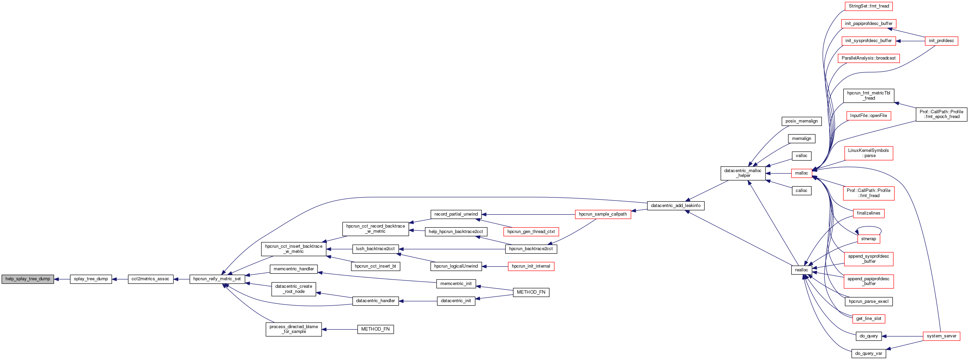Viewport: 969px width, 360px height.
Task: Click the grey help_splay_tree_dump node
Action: click(28, 279)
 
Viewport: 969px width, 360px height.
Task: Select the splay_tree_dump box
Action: click(91, 279)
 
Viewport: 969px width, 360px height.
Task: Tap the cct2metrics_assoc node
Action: click(151, 279)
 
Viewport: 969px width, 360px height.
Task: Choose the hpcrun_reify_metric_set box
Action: click(217, 279)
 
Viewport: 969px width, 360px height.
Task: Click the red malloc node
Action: click(801, 173)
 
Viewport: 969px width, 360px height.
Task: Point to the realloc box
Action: click(801, 270)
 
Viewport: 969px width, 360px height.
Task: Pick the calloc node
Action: click(801, 191)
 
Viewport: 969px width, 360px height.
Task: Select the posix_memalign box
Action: click(801, 121)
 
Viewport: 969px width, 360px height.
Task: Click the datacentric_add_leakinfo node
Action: click(675, 206)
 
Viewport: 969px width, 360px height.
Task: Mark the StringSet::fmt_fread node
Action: click(868, 7)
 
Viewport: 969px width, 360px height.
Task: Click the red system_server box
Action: click(941, 336)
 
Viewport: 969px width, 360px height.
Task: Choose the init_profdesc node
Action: click(941, 41)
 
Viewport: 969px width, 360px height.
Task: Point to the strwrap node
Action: click(868, 239)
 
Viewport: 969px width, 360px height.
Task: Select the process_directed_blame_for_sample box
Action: click(294, 329)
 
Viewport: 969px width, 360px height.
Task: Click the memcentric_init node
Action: click(456, 284)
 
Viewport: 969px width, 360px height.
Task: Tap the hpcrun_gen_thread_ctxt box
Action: click(531, 232)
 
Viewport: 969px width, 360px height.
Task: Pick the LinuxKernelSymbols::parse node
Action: click(868, 153)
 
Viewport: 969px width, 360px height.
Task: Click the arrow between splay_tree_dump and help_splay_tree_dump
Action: click(62, 279)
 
